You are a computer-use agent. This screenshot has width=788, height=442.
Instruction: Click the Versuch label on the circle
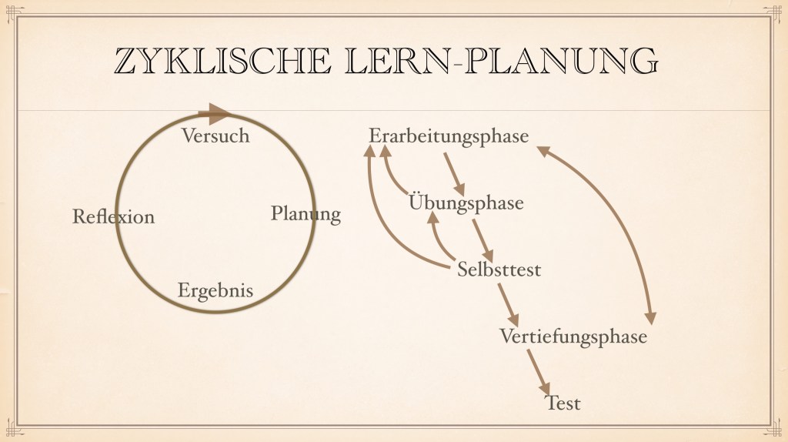215,136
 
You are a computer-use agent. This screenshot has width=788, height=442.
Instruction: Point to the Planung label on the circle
306,213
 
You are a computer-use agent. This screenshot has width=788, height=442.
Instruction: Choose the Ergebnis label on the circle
215,291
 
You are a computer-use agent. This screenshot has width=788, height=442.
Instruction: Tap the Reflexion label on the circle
113,217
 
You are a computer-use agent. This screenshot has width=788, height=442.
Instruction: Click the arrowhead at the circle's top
218,114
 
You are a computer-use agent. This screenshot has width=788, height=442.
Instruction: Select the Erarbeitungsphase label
449,136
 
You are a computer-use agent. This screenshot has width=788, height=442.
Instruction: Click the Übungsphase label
466,203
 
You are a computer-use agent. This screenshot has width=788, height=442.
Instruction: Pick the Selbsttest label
499,270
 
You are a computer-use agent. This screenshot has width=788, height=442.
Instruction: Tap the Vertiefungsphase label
573,337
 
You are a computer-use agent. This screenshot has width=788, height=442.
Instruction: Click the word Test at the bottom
563,403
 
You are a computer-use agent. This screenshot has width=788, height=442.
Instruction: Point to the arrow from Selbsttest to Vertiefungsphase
508,306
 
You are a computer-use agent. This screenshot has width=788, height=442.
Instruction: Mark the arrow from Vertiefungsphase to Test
539,372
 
